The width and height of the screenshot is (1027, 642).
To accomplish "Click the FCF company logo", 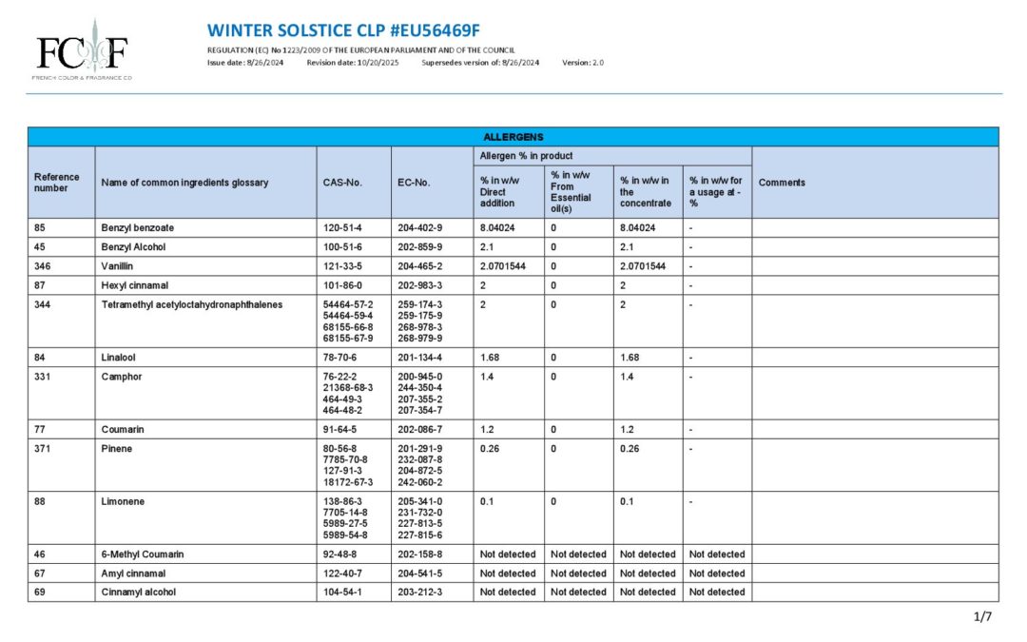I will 82,49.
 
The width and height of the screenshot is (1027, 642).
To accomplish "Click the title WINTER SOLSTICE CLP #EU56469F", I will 343,29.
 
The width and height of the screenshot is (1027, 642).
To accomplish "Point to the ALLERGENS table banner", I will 513,137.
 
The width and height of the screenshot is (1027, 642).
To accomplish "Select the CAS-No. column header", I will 342,183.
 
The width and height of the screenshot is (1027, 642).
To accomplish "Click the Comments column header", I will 782,183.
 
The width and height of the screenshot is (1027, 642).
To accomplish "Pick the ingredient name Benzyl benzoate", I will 138,228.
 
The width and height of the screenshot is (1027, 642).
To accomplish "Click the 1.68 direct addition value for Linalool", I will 491,358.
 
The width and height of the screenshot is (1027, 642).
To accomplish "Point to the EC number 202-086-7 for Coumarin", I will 420,429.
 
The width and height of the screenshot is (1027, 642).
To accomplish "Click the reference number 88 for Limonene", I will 40,501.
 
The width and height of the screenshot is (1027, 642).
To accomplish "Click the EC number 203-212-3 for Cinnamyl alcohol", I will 420,592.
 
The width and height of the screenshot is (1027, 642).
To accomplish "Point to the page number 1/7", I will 983,616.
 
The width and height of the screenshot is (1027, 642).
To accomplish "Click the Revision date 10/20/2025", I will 353,63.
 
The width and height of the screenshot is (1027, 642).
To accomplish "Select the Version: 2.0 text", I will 583,63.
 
